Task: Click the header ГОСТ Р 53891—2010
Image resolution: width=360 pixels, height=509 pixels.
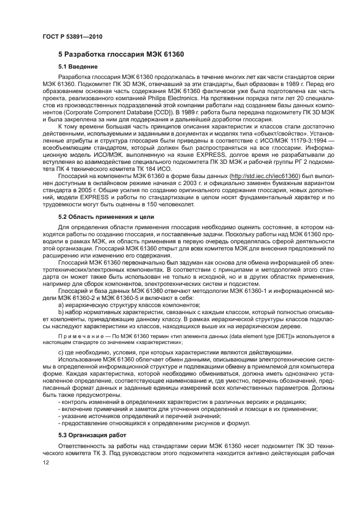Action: (68, 37)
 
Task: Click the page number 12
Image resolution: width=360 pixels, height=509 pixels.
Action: (46, 462)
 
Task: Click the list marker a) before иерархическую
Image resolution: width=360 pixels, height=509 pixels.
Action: (62, 305)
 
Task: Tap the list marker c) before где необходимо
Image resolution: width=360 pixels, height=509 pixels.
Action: (62, 353)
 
